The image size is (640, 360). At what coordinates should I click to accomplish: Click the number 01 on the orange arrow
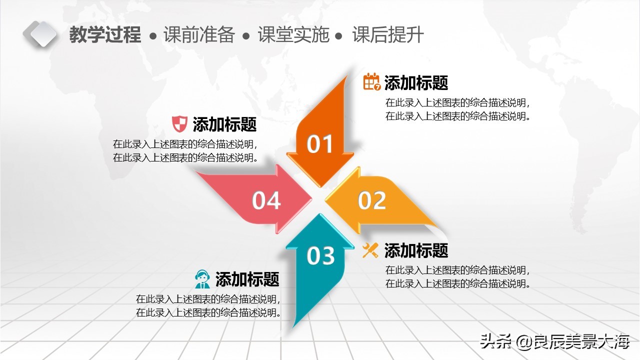coord(320,144)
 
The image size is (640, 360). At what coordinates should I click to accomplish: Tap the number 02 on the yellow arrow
coord(372,200)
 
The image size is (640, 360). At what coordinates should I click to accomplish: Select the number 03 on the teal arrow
coord(320,255)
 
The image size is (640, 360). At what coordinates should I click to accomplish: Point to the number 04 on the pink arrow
coord(266,200)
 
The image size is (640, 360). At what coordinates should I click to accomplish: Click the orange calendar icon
coord(371,82)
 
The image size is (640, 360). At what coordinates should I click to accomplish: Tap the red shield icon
coord(179,123)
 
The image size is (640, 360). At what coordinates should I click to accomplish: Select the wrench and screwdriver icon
coord(370,250)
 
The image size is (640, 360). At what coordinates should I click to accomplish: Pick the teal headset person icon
coord(202,279)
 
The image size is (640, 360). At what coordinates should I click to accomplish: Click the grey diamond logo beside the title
coord(40,34)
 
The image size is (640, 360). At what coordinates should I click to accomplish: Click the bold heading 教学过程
coord(105,35)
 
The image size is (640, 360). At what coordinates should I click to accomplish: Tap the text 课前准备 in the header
coord(199,35)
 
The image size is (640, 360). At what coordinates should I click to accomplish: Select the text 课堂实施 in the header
coord(293,35)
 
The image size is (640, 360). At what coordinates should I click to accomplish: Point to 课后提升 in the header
coord(388,35)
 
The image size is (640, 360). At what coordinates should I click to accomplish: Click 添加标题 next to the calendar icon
coord(416,82)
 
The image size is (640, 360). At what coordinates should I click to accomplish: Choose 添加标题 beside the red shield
coord(224,124)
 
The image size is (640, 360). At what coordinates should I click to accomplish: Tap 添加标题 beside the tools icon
coord(416,250)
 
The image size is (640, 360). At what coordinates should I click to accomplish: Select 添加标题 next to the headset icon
coord(247,279)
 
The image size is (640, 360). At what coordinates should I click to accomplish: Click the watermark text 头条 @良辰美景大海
coord(554,342)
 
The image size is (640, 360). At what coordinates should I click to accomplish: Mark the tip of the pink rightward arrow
coord(310,199)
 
